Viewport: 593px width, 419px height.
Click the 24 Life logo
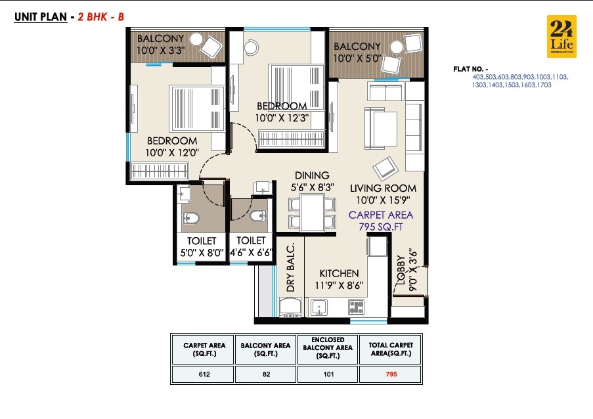(x=561, y=36)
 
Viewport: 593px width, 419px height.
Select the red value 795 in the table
(x=391, y=374)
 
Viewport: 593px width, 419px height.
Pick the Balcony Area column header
(x=265, y=349)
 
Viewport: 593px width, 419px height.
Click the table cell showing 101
(x=328, y=374)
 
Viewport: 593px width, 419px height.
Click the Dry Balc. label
(x=290, y=267)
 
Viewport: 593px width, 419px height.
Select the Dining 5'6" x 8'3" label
(x=312, y=181)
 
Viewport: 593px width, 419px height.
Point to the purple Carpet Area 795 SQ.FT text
(x=381, y=221)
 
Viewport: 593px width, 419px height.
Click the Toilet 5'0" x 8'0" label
(x=201, y=246)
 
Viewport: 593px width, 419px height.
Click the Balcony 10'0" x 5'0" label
(x=357, y=52)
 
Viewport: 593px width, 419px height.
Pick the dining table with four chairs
(x=307, y=210)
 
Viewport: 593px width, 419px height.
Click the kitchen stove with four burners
(x=356, y=306)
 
